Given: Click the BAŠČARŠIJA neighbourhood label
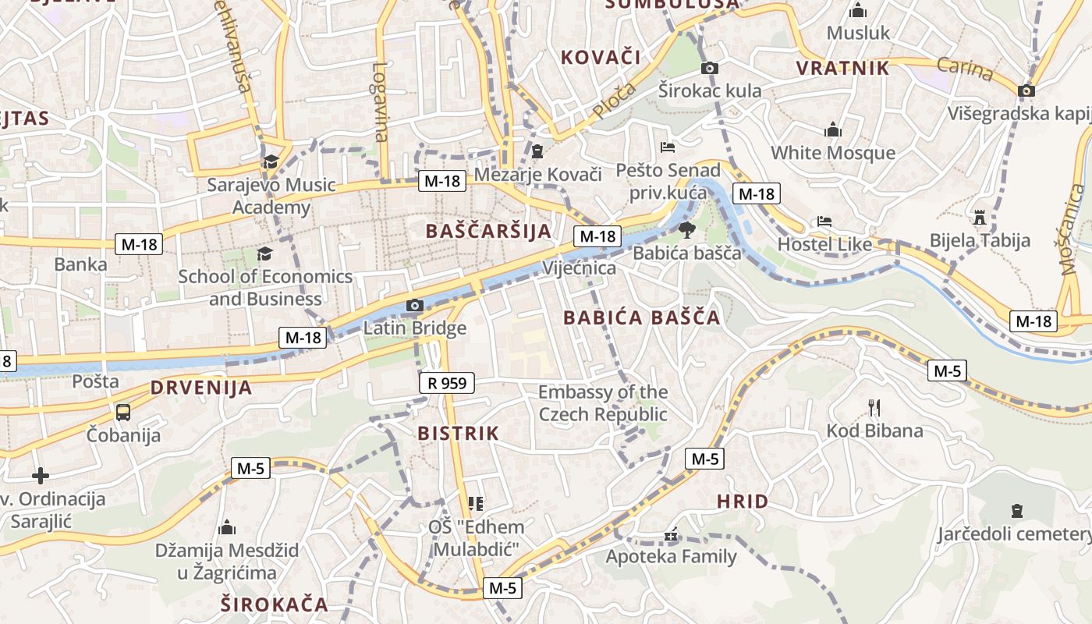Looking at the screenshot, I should (489, 231).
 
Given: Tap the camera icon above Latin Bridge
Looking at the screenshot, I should (415, 306).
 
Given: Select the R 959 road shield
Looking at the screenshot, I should (447, 383).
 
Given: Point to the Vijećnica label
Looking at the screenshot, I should (580, 268).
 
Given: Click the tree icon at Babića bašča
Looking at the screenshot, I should (686, 229).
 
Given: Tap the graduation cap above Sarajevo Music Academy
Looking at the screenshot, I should (271, 161).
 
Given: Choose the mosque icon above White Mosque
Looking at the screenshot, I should (833, 129).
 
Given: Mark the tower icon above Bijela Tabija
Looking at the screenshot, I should (980, 216).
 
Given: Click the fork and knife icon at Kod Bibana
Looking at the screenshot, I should (874, 407).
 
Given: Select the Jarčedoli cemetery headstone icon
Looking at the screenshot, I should (1016, 511).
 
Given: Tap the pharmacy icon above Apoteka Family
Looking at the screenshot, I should (671, 535).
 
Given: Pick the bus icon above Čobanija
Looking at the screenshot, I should (123, 412).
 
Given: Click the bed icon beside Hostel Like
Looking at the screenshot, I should (824, 222).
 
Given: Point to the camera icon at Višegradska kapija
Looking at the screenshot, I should (1026, 90).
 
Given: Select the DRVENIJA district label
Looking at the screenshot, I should (201, 388).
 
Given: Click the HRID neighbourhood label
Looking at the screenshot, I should (743, 502).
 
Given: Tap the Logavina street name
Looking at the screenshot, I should (380, 101).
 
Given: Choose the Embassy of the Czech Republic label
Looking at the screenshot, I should (603, 402).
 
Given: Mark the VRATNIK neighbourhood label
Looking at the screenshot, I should (842, 68).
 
